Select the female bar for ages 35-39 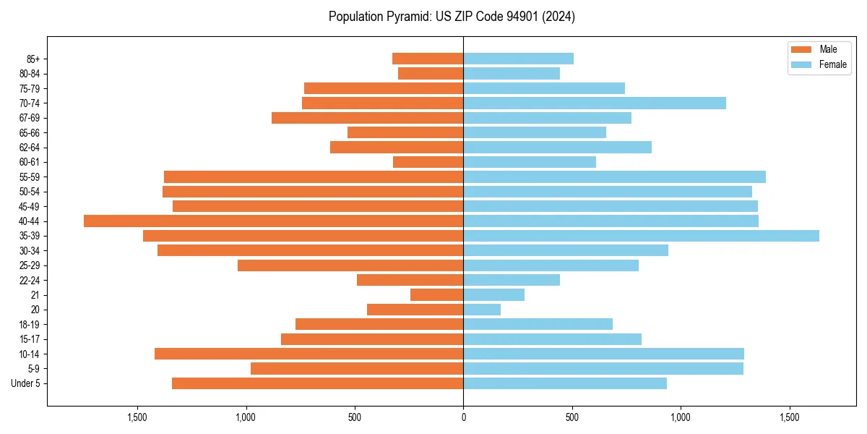641,236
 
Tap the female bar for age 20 482,310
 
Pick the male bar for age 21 436,295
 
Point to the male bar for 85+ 428,59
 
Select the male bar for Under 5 317,383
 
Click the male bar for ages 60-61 428,162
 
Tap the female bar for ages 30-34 566,251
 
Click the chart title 452,17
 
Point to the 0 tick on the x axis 463,417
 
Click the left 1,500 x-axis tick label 137,417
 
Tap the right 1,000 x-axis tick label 681,417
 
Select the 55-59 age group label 30,177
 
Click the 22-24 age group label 30,281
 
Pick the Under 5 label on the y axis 26,383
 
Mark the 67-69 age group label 30,118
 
